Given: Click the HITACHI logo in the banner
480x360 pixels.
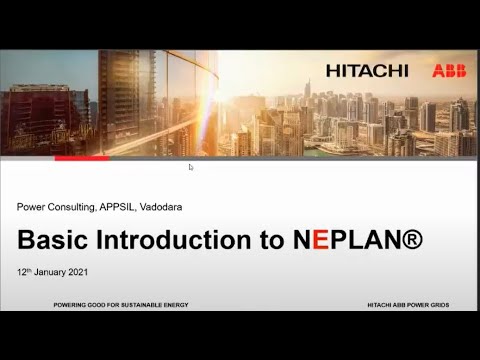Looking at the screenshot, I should (x=367, y=71).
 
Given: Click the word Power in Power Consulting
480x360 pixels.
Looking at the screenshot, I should (x=31, y=207).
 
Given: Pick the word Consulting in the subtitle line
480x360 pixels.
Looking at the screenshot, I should (x=70, y=207).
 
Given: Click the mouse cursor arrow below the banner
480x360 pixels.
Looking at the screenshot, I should (x=190, y=167).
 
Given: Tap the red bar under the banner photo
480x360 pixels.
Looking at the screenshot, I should (x=81, y=158).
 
